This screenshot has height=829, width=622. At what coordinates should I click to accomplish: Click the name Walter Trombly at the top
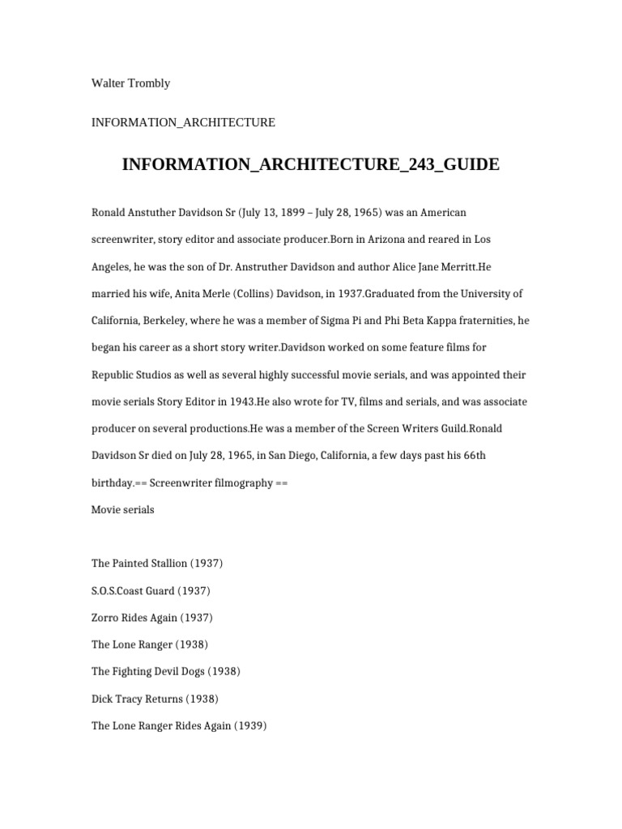[x=130, y=83]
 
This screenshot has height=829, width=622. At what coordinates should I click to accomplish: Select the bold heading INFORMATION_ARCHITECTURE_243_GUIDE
[x=311, y=165]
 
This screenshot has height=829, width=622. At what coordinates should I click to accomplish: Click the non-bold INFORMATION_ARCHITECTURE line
[x=183, y=122]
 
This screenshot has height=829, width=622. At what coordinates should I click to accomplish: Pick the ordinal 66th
[x=471, y=456]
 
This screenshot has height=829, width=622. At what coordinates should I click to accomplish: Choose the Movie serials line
[x=123, y=510]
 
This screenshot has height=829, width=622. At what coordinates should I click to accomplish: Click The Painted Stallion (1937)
[x=157, y=563]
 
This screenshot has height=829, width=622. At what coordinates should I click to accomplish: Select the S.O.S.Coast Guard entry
[x=151, y=591]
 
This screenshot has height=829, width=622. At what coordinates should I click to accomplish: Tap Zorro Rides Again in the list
[x=152, y=618]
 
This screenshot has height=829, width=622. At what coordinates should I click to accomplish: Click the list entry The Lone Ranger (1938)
[x=150, y=644]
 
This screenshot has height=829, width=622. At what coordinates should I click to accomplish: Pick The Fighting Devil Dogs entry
[x=166, y=671]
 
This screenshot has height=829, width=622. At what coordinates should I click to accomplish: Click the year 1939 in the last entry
[x=250, y=725]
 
